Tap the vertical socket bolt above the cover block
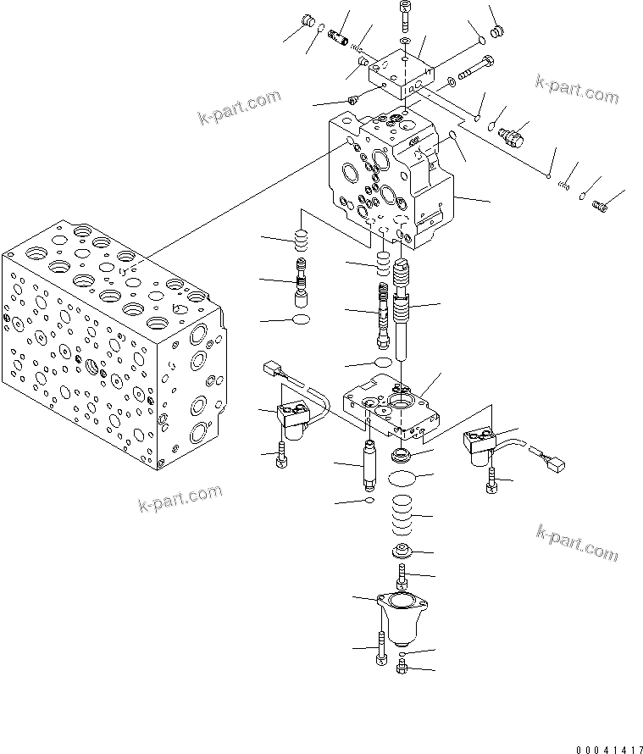click(405, 14)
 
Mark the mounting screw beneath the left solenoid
click(283, 458)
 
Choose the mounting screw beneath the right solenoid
click(491, 485)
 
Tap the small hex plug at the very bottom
click(402, 669)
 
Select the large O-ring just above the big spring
click(399, 480)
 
